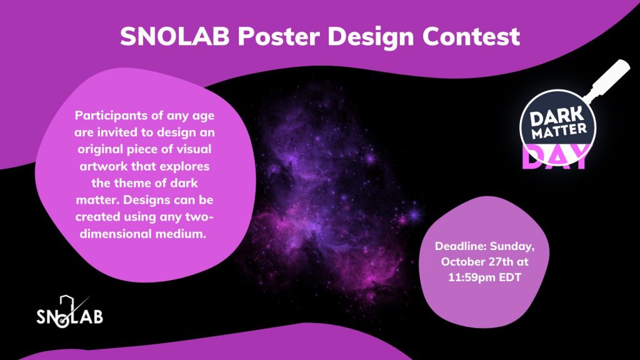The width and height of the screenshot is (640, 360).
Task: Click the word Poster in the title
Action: point(278,36)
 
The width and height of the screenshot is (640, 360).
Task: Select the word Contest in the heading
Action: point(471,36)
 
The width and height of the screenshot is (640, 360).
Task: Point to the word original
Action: point(99,149)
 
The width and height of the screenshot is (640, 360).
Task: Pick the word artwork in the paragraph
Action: point(104,166)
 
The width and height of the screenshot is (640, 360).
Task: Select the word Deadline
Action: point(461,246)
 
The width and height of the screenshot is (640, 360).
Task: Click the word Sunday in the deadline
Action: point(512,247)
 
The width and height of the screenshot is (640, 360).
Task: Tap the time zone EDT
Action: point(509,277)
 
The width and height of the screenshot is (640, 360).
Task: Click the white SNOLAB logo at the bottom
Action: point(69,312)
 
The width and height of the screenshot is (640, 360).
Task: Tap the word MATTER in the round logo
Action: point(559,131)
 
